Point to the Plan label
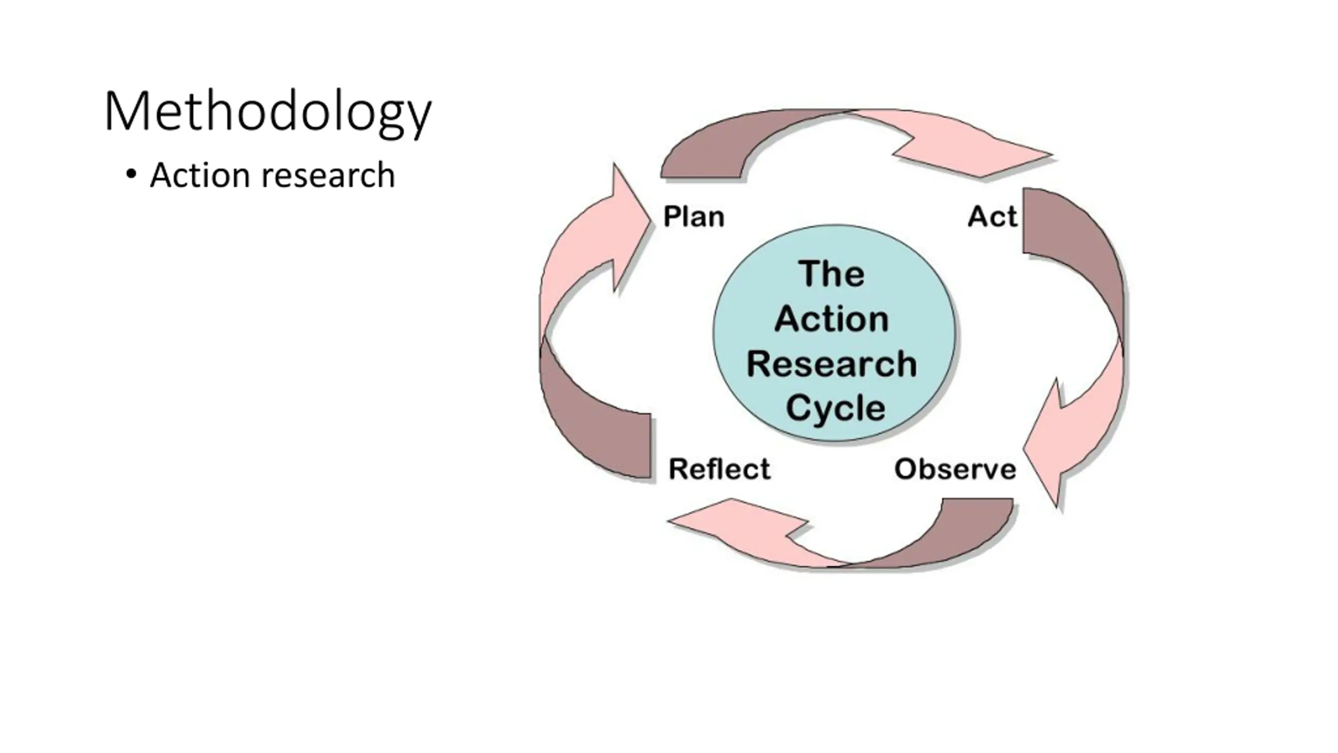click(694, 216)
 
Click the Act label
click(993, 216)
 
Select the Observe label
click(955, 469)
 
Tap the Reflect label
click(720, 469)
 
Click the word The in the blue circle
click(832, 273)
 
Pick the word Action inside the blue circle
click(832, 318)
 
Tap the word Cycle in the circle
click(835, 408)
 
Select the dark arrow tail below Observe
click(941, 539)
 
